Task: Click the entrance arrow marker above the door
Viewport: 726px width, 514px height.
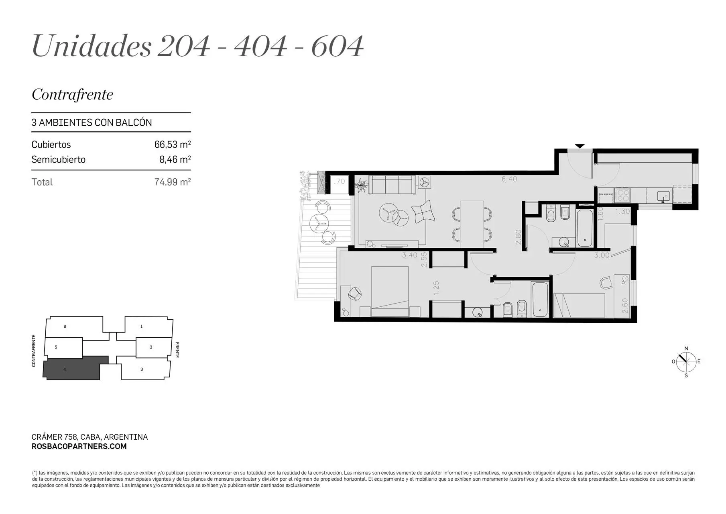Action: tap(580, 146)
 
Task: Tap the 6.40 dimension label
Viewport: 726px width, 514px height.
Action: tap(509, 179)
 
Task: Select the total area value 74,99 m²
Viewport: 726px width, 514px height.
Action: tap(173, 182)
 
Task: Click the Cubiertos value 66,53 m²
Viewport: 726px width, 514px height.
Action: tap(173, 144)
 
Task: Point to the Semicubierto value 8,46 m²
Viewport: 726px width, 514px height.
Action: tap(175, 159)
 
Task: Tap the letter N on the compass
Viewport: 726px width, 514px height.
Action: tap(686, 349)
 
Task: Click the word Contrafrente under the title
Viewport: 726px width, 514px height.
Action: tap(73, 94)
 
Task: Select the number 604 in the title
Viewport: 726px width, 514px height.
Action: tap(338, 46)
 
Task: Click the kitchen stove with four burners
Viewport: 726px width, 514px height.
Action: tap(622, 195)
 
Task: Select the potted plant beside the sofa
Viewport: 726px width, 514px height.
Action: tap(362, 186)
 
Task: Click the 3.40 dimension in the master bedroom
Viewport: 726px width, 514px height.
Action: tap(410, 255)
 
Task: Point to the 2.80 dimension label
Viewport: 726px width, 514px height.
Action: tap(518, 237)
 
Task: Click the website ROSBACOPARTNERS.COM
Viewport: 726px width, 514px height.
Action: tap(79, 447)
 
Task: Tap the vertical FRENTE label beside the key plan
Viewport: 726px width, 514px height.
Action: tap(177, 350)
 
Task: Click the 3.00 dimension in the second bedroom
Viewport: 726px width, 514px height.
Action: tap(602, 255)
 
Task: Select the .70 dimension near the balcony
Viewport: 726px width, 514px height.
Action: tap(340, 182)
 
